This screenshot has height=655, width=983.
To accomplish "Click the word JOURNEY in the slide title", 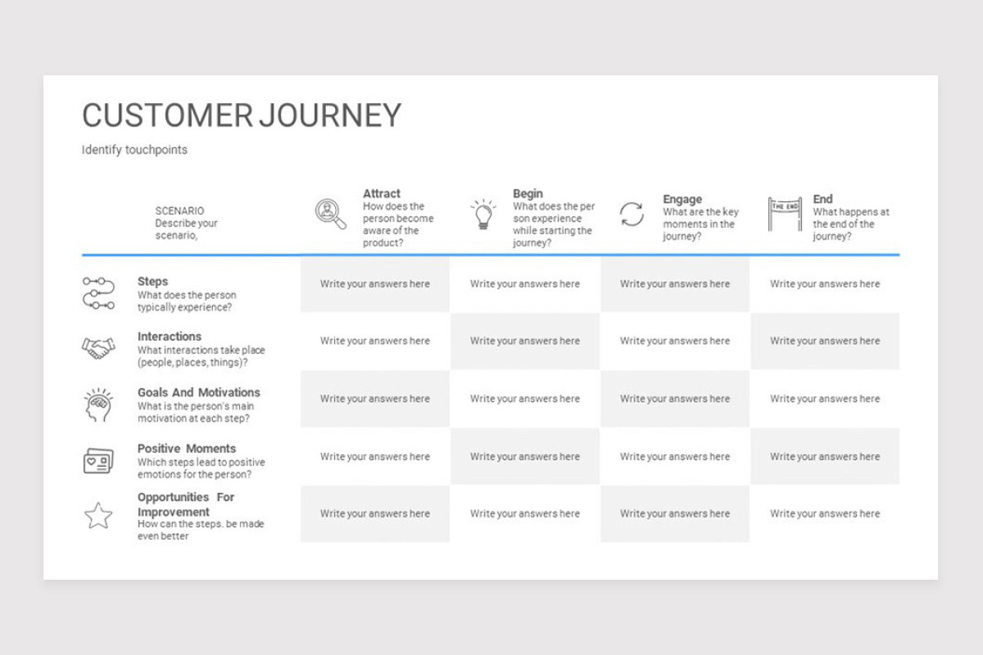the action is (x=330, y=115).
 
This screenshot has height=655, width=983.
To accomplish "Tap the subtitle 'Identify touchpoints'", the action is (x=134, y=150).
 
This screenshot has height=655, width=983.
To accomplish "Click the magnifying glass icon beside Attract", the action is (x=330, y=214).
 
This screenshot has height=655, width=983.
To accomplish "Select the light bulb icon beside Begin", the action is (x=482, y=214).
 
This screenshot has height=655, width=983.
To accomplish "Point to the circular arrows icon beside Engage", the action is (x=632, y=214).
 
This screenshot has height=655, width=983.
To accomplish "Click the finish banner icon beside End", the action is (x=785, y=214).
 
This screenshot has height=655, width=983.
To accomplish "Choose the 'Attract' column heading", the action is (x=382, y=193).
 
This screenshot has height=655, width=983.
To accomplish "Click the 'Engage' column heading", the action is (x=682, y=199).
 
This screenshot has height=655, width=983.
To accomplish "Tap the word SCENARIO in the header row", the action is (x=179, y=211).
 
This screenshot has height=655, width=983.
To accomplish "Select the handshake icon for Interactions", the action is (x=98, y=348).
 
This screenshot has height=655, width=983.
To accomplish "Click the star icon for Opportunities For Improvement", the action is (x=98, y=516).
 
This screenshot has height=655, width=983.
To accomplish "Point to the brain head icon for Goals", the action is (x=98, y=404).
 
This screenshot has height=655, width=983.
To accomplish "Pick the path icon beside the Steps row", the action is (x=99, y=293).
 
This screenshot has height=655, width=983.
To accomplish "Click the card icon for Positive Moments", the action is (x=98, y=461).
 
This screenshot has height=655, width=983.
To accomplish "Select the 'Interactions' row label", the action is (x=170, y=337).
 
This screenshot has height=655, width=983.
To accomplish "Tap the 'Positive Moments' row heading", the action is (x=187, y=449).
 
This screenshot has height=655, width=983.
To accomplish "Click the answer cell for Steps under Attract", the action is (x=375, y=284).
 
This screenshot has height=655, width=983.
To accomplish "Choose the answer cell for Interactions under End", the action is (x=825, y=341).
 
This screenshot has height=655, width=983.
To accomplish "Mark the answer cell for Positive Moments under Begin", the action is (x=525, y=457).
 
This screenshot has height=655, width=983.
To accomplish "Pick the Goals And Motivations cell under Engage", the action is (x=675, y=399).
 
